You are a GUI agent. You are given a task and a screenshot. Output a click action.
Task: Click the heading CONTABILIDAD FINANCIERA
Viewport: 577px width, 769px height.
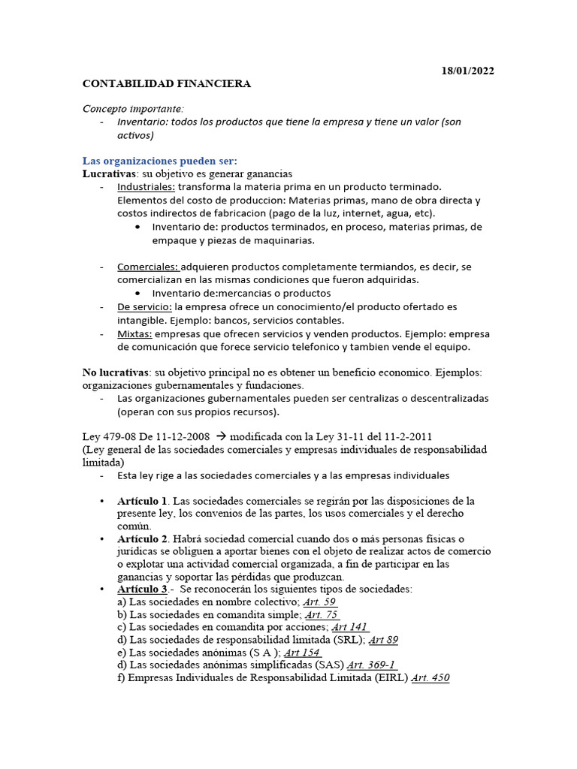[166, 84]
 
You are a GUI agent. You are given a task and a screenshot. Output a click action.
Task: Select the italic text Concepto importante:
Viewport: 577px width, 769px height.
[128, 109]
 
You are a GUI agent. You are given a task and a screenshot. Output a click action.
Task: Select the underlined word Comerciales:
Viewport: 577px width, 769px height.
[148, 267]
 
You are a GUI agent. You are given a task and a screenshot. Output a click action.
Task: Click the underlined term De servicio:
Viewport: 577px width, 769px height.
[144, 306]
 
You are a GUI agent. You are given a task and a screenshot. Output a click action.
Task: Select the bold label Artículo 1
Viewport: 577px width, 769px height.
[143, 501]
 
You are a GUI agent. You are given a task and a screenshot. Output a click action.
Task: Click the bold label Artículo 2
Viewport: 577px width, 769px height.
[143, 538]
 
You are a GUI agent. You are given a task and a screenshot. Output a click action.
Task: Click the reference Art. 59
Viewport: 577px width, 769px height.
[320, 602]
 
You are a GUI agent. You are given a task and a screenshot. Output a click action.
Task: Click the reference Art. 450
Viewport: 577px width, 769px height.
[430, 678]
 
